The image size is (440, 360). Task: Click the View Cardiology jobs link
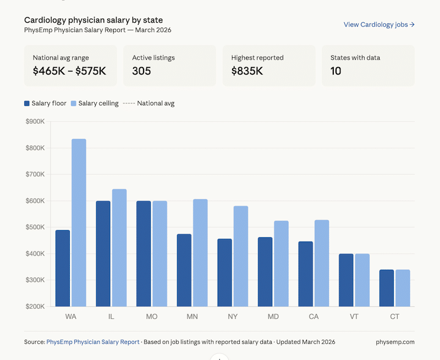coord(379,25)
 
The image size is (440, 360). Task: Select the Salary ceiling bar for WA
coord(79,222)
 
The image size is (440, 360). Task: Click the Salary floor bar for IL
coord(103,254)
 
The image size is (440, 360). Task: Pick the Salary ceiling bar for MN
coord(200,253)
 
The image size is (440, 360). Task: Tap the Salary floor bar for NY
coord(224,272)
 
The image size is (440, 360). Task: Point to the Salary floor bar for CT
coord(387,288)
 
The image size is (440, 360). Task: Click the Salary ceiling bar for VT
coord(362,280)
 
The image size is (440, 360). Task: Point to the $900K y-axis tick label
coord(35,122)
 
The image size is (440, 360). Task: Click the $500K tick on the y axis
coord(35,227)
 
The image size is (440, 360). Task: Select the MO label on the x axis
coord(151,317)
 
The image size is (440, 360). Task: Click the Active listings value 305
coord(141,71)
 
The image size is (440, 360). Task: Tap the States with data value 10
coord(335,71)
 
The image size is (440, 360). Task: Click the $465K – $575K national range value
coord(69,71)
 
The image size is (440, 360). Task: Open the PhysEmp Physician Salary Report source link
coord(93,342)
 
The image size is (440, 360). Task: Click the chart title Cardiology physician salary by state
coord(93,20)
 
